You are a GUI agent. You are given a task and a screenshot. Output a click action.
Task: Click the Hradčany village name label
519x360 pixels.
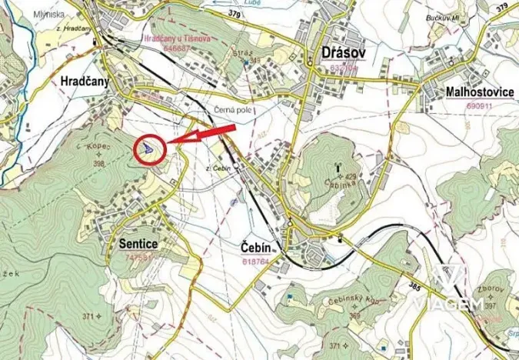click(85, 80)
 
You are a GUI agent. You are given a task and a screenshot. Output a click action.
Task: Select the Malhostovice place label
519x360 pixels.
click(479, 92)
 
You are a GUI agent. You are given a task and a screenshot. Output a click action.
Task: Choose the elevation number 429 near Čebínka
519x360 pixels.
click(351, 177)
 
